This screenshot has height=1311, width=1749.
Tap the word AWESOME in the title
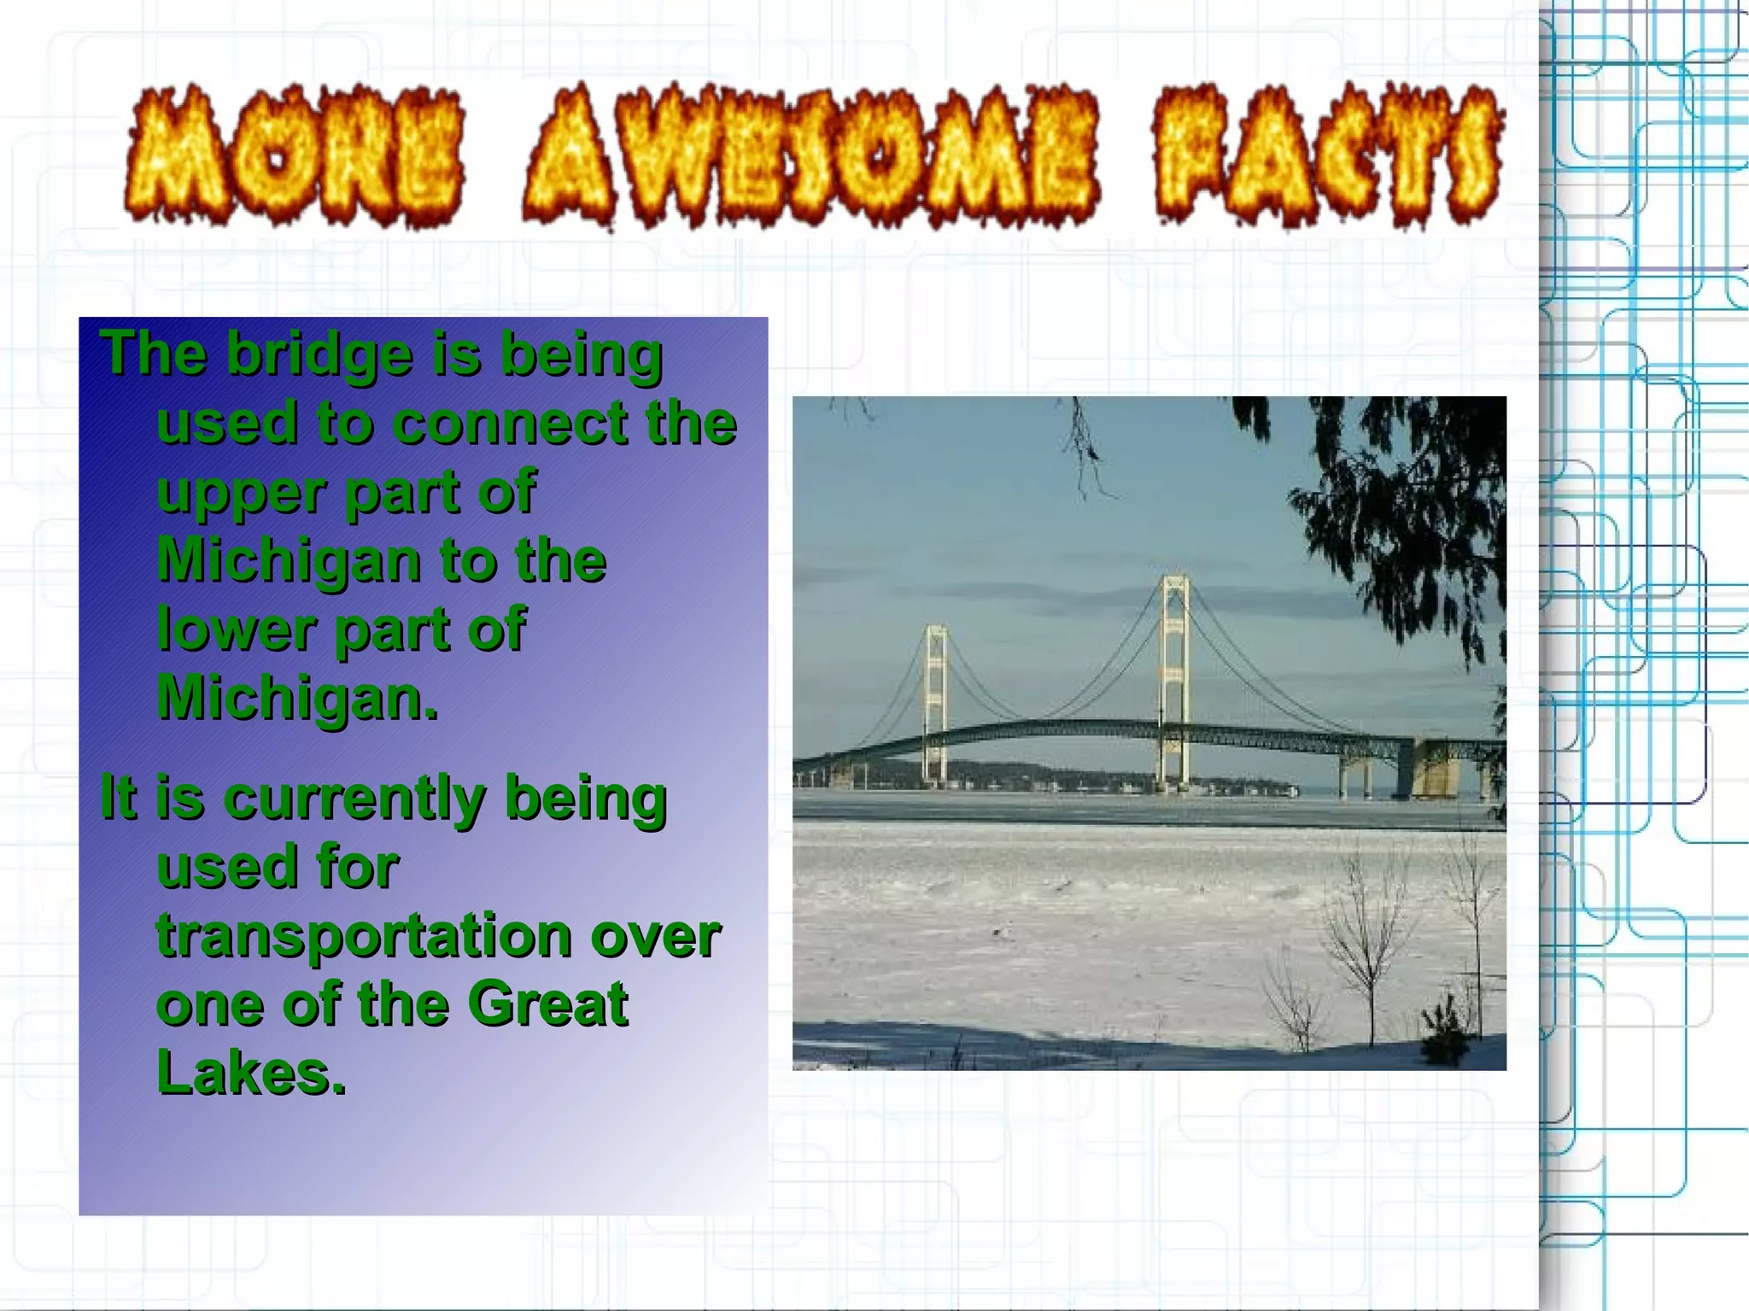810,156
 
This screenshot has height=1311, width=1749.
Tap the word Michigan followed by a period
297,699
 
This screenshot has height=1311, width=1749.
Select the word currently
354,799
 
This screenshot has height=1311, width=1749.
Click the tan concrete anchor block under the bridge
1434,769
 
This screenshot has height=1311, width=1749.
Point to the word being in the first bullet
582,354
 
